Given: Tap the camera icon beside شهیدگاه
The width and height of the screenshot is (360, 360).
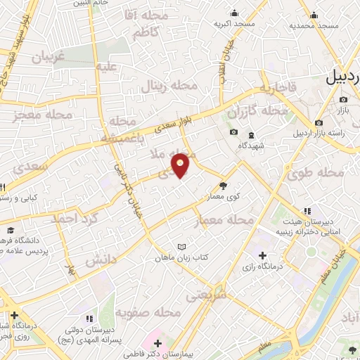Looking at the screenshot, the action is (x=234, y=133).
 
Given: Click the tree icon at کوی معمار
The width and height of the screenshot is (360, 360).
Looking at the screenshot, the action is (x=224, y=186).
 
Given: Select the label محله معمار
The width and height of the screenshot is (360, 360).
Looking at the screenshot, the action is (x=224, y=220).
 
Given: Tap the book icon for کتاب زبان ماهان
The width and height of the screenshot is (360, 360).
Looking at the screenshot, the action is (x=183, y=247).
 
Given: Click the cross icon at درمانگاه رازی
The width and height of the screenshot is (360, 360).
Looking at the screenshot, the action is (x=262, y=255).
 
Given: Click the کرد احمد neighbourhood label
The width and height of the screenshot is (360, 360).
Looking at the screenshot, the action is (x=72, y=219).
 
